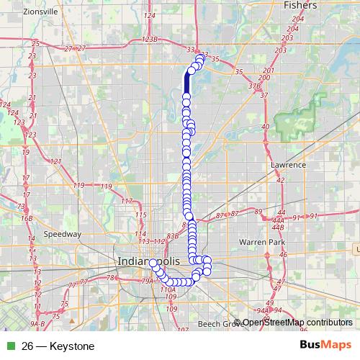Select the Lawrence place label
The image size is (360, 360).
click(288, 165)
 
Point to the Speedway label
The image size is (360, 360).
click(63, 234)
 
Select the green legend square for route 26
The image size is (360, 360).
click(9, 346)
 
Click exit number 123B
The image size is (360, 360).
click(150, 40)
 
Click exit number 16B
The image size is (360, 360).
click(27, 217)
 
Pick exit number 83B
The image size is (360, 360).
click(172, 235)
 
